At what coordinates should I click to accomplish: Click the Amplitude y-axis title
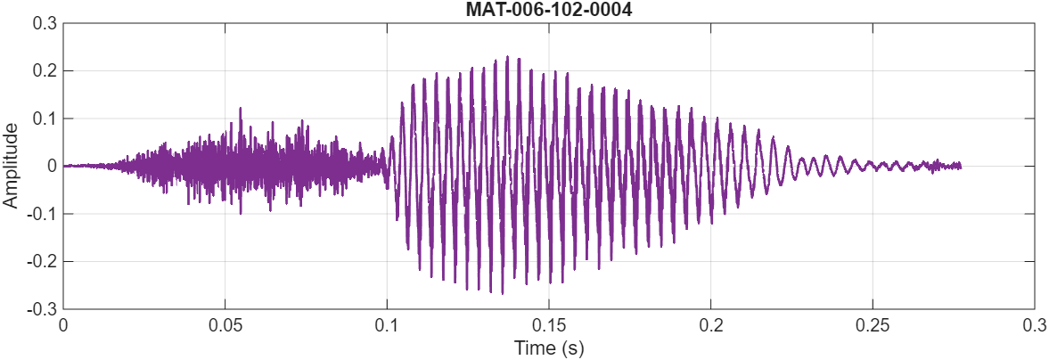click(x=11, y=166)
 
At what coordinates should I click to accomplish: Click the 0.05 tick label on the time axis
click(x=225, y=324)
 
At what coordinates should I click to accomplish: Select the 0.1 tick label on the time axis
click(x=387, y=324)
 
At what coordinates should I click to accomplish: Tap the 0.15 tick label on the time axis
click(x=548, y=324)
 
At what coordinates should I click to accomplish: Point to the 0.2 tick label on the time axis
click(x=710, y=324)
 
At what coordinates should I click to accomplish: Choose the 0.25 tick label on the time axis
click(x=873, y=324)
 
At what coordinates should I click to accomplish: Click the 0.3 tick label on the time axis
click(x=1034, y=324)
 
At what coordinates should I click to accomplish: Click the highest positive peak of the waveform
click(x=507, y=57)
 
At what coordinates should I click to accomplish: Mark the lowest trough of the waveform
click(x=502, y=293)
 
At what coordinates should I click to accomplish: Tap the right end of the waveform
click(x=961, y=166)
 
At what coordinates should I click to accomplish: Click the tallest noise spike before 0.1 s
click(x=240, y=109)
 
